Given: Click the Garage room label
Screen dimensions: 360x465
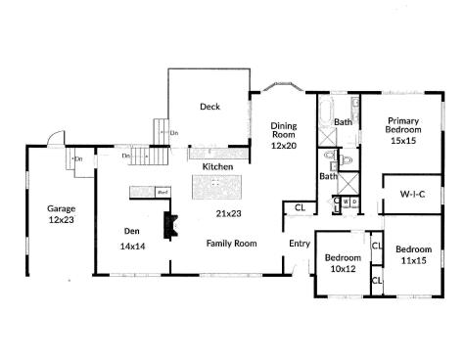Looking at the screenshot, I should [61, 214].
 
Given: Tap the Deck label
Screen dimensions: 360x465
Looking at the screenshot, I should [209, 107].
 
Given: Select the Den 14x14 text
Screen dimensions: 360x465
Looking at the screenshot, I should [132, 239].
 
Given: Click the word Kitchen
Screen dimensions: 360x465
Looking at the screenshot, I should [216, 167].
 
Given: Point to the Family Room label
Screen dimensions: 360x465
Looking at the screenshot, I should [231, 243].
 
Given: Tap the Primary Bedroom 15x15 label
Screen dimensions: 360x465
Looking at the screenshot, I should [403, 129].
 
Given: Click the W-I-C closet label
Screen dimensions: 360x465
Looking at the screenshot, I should [412, 194].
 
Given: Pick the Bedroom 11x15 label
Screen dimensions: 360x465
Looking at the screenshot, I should [413, 254].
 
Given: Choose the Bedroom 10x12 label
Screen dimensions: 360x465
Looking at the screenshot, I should [342, 264].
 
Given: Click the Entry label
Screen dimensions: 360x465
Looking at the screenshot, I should [299, 244].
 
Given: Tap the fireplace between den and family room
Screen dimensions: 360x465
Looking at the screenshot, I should [169, 225].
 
